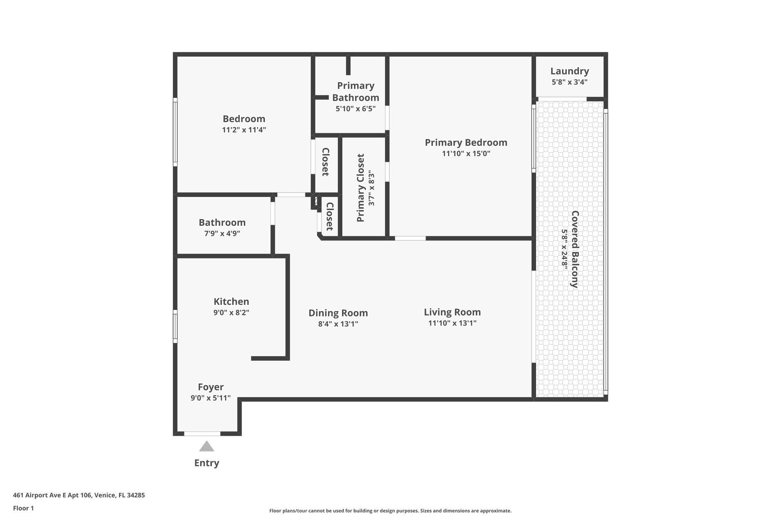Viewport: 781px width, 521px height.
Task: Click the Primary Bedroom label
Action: [466, 143]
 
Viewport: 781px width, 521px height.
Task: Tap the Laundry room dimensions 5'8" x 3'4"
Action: [569, 82]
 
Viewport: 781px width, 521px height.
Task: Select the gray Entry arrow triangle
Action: [206, 447]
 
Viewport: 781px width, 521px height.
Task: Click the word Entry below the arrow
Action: [207, 463]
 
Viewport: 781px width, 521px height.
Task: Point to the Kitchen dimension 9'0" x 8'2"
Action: [231, 313]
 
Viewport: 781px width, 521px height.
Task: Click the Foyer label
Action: [211, 387]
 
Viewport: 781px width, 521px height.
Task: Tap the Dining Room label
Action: [338, 313]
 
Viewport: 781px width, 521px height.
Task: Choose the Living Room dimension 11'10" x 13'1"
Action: [452, 323]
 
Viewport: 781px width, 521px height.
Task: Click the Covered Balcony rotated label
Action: [575, 249]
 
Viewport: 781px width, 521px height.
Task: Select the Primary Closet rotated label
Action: [361, 188]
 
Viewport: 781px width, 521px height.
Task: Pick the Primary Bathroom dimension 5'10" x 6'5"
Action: [355, 109]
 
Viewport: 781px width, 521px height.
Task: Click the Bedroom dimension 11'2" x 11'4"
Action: [244, 130]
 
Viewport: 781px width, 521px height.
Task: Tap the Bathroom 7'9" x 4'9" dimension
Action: [222, 233]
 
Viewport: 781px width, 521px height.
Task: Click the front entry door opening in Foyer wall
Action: [202, 434]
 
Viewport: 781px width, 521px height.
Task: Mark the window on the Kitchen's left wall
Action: [175, 326]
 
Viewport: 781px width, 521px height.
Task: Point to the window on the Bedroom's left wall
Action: [175, 132]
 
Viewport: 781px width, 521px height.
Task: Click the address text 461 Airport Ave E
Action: [79, 495]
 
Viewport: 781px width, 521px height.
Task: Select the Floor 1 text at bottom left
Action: [23, 508]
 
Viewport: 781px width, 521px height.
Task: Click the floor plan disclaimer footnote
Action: [390, 511]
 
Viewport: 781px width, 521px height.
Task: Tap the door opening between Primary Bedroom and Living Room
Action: [410, 239]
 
